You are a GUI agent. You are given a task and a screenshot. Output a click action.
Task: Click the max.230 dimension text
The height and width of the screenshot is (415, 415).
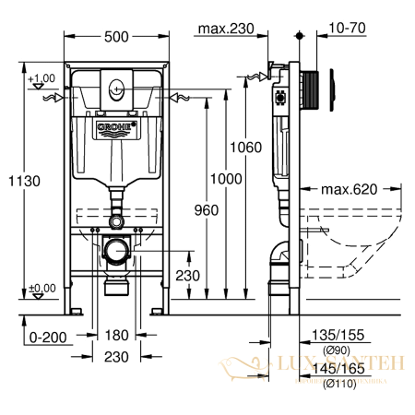pos(224,29)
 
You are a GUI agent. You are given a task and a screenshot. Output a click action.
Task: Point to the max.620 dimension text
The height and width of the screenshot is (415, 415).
pos(350,190)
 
